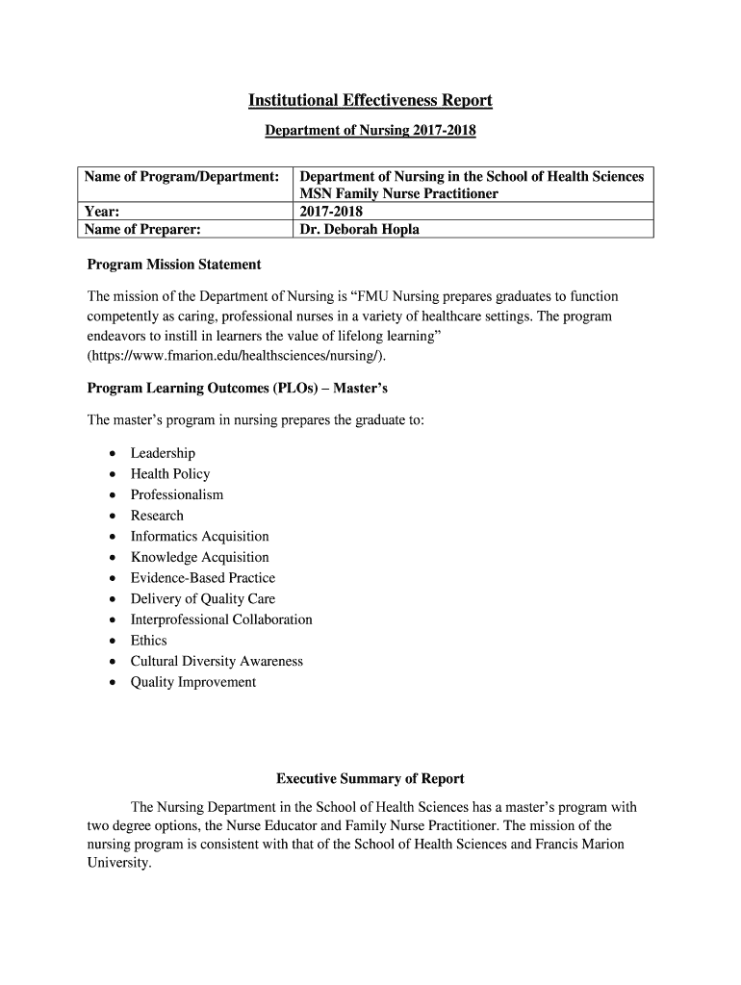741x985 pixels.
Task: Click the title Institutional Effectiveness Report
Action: click(370, 100)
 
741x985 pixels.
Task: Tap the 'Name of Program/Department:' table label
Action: click(182, 177)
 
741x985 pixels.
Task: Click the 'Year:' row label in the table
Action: click(101, 211)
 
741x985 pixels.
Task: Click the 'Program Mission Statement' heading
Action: click(174, 264)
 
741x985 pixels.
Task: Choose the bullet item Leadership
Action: click(163, 453)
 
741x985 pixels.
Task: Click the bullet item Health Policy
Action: click(170, 473)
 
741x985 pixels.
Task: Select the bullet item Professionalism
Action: click(177, 494)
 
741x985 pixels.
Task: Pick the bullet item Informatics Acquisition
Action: click(200, 536)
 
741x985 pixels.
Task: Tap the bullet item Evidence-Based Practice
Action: click(203, 577)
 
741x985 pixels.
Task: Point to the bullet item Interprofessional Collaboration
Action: click(221, 619)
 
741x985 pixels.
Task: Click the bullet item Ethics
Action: click(149, 640)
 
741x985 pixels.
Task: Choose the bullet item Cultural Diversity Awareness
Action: click(217, 661)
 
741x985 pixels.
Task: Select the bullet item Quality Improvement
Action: click(193, 682)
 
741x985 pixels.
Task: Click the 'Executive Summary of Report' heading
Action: click(370, 778)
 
